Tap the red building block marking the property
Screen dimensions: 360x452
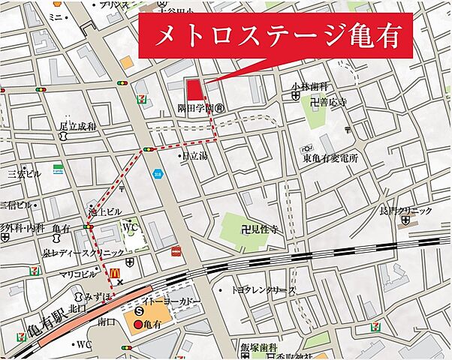click(x=195, y=89)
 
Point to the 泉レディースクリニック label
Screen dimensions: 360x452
click(x=81, y=254)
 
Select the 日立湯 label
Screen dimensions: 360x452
click(x=196, y=156)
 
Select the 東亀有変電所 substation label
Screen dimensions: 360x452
click(x=330, y=158)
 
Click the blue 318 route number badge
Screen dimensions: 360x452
click(x=157, y=174)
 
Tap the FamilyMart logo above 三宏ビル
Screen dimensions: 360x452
click(x=57, y=169)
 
